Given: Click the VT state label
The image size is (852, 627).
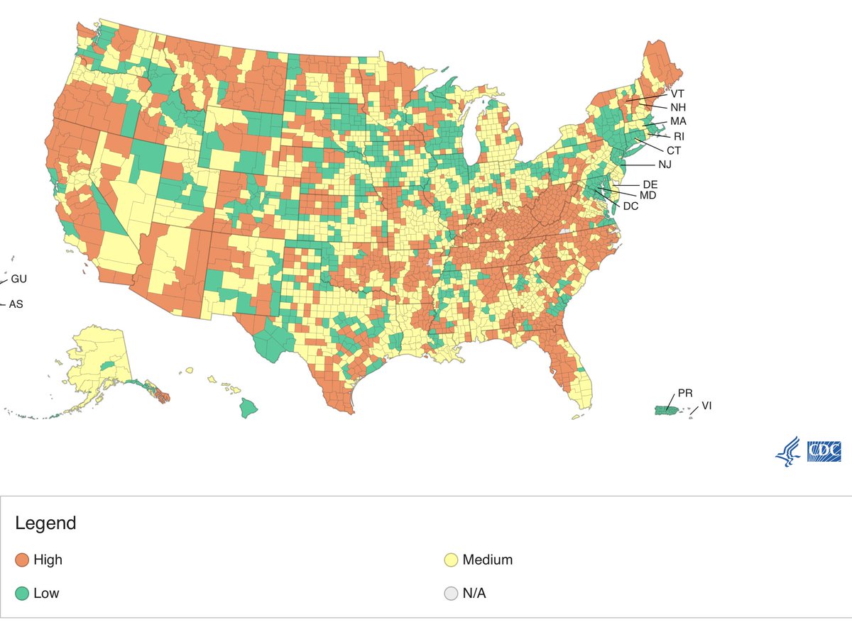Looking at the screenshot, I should click(x=678, y=93).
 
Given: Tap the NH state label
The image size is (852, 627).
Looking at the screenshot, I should click(x=678, y=107).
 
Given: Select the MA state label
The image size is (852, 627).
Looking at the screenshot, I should click(x=678, y=121).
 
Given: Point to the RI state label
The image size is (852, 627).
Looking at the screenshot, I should click(x=679, y=136).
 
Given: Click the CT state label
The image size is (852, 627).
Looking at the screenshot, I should click(x=673, y=150).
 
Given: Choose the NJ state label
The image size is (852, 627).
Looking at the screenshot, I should click(x=664, y=165).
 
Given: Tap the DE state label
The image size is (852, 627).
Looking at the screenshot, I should click(x=650, y=184).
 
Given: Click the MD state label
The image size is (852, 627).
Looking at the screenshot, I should click(x=648, y=195).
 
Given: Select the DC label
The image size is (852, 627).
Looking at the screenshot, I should click(x=630, y=206).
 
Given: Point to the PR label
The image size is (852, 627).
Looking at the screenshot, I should click(x=685, y=393).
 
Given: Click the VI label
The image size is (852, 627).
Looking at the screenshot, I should click(x=706, y=406).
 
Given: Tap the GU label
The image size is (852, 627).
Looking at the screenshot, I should click(x=18, y=279).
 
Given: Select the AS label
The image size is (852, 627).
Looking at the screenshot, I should click(x=16, y=304).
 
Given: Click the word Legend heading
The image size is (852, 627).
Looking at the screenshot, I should click(x=45, y=524).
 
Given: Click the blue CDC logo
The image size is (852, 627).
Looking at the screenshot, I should click(x=824, y=452).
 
